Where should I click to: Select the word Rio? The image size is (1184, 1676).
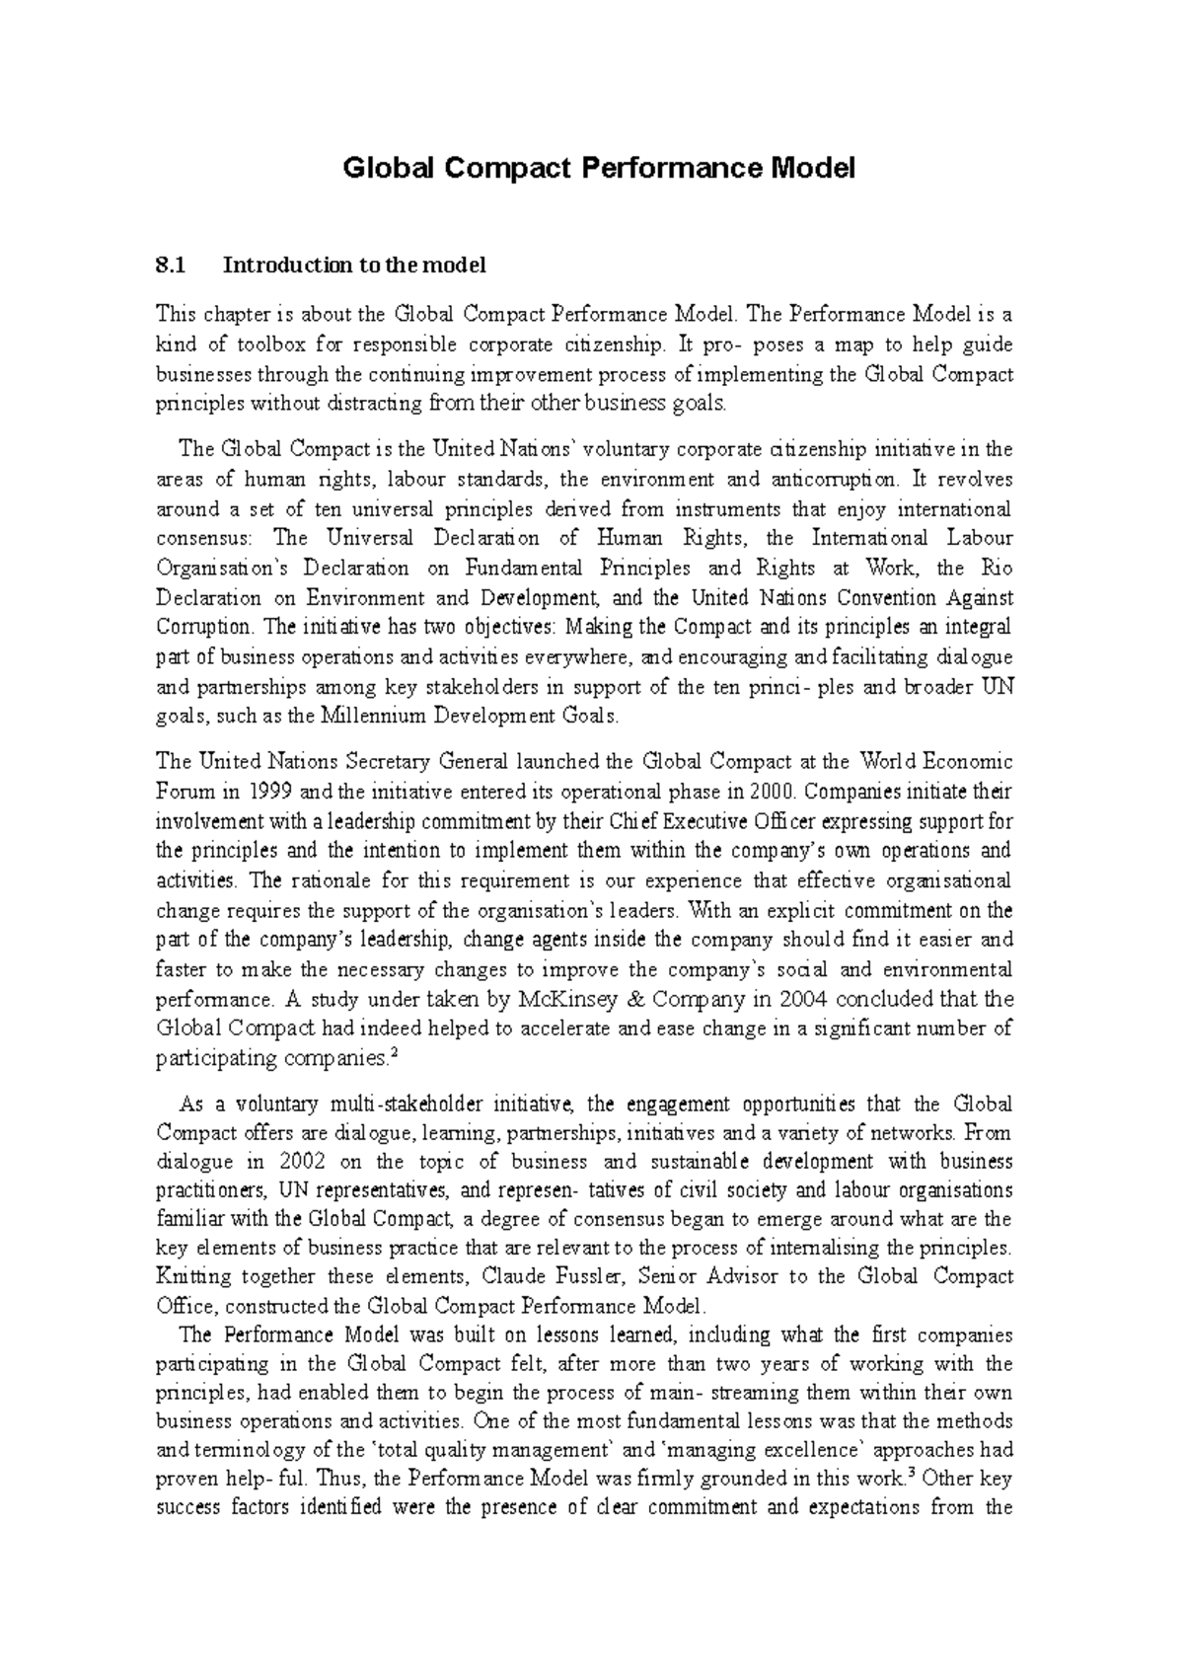(x=997, y=568)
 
